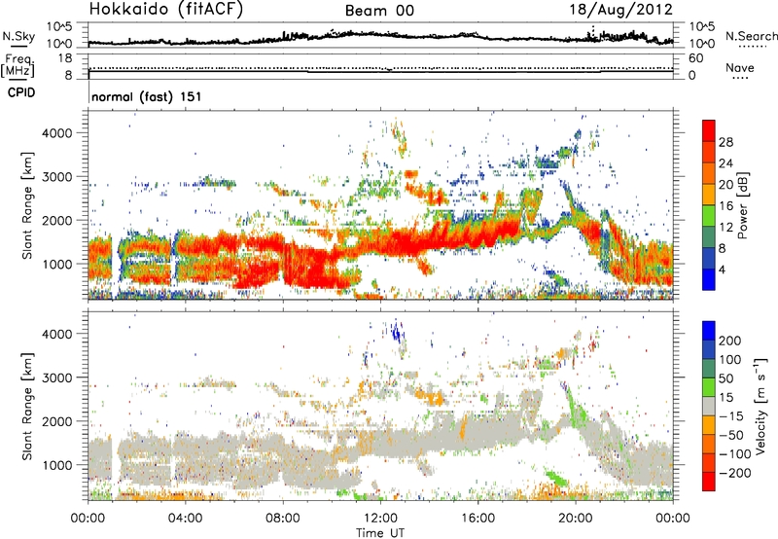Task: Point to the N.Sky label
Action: [x=15, y=37]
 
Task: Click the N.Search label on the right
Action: [x=746, y=37]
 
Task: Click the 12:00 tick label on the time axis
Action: [x=380, y=517]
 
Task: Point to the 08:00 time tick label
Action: [x=283, y=517]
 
